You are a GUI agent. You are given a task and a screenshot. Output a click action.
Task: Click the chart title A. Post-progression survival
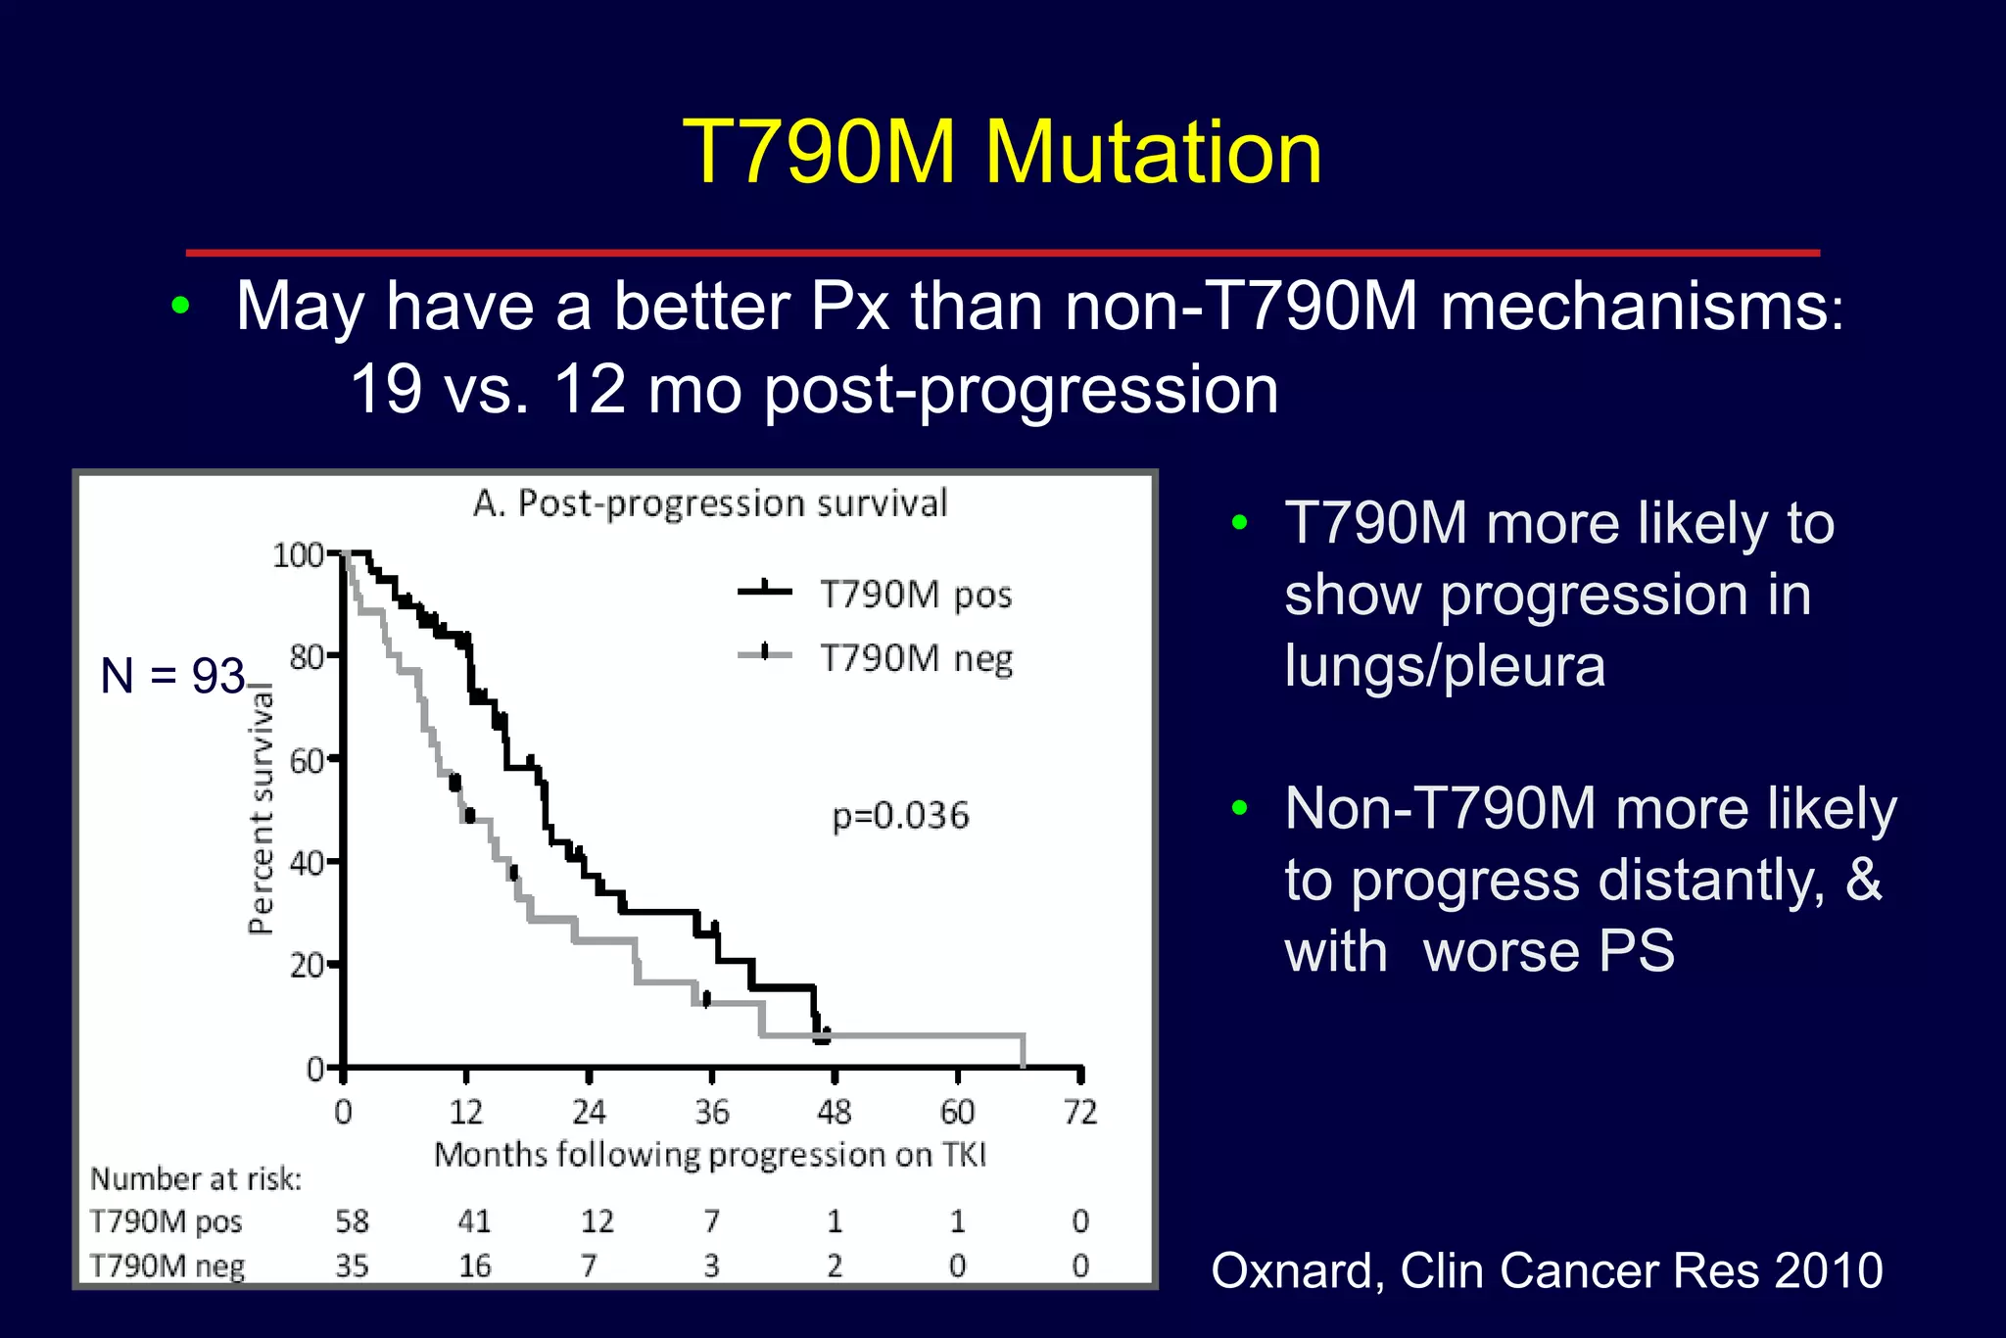710,503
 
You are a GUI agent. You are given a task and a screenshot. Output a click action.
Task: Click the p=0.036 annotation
900,816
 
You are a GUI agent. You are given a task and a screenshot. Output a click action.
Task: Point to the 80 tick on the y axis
308,656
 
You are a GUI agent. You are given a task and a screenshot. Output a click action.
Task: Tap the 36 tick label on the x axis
712,1112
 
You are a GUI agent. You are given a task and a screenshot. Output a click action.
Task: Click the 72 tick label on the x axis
1080,1112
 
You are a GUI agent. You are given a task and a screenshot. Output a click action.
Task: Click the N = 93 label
172,676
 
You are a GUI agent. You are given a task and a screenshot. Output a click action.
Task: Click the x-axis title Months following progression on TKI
710,1155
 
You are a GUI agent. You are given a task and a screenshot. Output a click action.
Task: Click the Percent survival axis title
261,808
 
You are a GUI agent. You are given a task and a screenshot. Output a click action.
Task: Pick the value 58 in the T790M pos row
352,1221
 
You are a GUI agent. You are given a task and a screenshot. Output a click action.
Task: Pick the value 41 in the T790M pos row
475,1221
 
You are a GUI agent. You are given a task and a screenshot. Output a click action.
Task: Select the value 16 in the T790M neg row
475,1266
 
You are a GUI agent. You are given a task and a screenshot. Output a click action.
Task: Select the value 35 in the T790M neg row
352,1266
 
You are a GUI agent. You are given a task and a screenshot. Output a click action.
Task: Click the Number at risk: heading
196,1179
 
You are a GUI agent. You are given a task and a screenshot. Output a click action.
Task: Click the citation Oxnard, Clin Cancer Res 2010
1547,1270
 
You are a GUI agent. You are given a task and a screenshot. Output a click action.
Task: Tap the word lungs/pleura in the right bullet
1445,666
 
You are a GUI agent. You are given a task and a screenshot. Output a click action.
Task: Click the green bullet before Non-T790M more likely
1240,808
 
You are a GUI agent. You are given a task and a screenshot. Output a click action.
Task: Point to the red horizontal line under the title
1002,253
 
